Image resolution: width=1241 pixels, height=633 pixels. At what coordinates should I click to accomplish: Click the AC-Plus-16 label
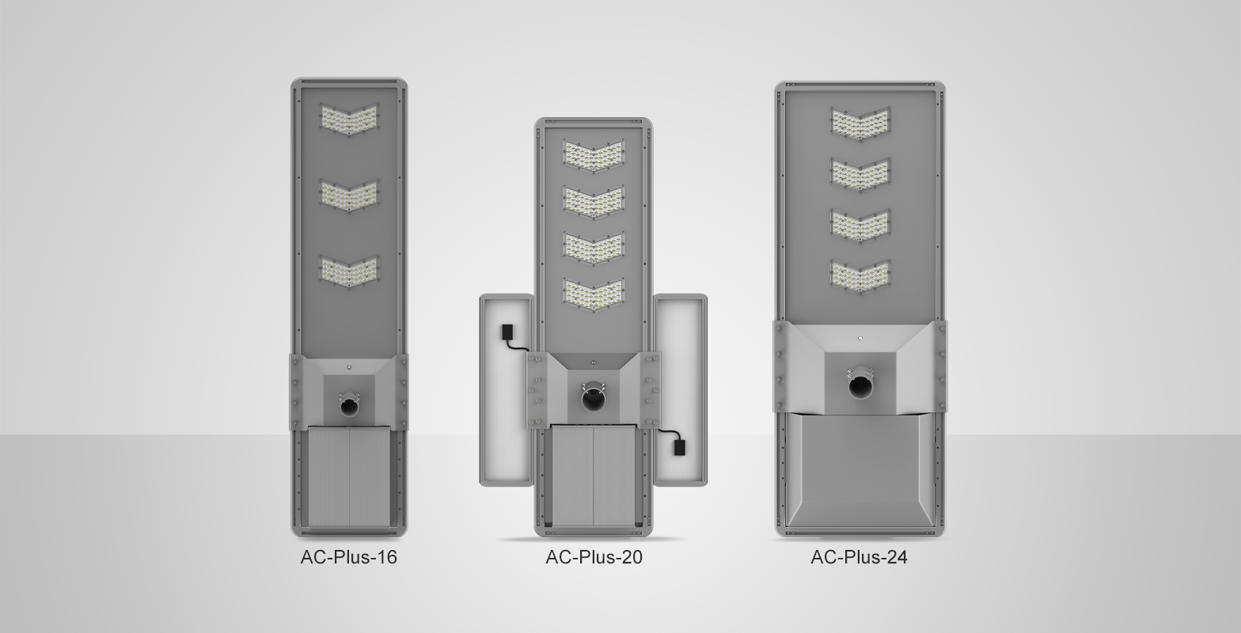tap(348, 557)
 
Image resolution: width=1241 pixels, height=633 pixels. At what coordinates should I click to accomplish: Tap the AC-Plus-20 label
tap(594, 557)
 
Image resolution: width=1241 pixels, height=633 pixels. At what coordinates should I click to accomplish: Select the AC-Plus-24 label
tap(859, 557)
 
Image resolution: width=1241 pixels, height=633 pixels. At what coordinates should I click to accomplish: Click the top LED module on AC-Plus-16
tap(349, 120)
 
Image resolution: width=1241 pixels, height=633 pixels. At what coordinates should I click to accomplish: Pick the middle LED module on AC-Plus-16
tap(349, 195)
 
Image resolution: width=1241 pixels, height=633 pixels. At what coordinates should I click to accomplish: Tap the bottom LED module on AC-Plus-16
tap(349, 271)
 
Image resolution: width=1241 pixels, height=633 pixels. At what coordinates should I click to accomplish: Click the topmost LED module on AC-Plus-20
tap(594, 155)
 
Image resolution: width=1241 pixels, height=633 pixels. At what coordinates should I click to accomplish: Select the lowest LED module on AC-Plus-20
tap(594, 294)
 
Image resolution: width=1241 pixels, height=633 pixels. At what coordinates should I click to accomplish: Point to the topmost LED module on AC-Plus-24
tap(860, 123)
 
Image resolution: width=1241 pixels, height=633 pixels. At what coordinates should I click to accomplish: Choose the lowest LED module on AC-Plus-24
tap(860, 276)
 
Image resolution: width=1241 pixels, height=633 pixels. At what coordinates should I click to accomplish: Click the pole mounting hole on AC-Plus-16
tap(349, 405)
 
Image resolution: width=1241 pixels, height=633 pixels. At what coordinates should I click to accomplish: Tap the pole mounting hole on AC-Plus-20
tap(594, 398)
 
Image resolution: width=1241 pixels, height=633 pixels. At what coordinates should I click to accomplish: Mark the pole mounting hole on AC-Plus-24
tap(860, 386)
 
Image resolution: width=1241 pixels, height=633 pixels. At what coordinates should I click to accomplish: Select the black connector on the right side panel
tap(679, 447)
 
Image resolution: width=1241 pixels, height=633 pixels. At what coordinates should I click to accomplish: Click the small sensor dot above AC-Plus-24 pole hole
tap(860, 338)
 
